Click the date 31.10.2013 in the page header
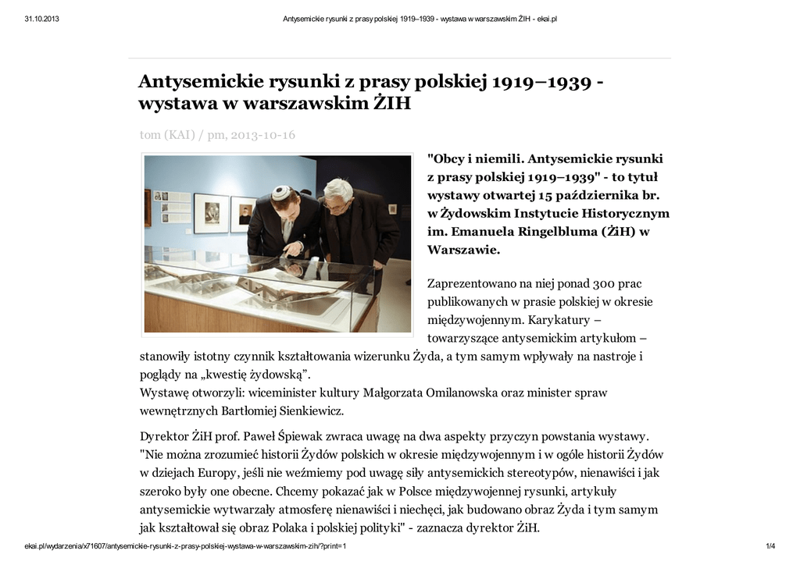(x=41, y=19)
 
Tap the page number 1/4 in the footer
(x=770, y=547)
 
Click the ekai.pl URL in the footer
(x=185, y=547)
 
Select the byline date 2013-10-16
(x=262, y=135)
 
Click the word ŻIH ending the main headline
(x=389, y=103)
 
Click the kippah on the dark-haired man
(x=281, y=190)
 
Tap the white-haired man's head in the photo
(x=338, y=191)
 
